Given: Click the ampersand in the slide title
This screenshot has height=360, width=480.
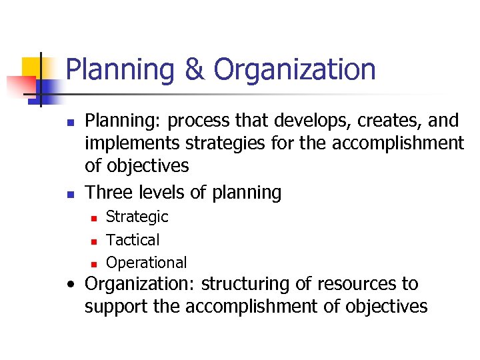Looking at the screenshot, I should [x=194, y=70].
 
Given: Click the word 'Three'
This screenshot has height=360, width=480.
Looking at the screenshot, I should [x=109, y=193].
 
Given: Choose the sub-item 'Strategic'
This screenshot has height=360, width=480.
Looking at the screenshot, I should [x=137, y=217].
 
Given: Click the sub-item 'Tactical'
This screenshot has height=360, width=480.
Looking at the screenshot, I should [x=133, y=239].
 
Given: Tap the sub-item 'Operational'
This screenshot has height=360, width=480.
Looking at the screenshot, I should [x=147, y=263].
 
